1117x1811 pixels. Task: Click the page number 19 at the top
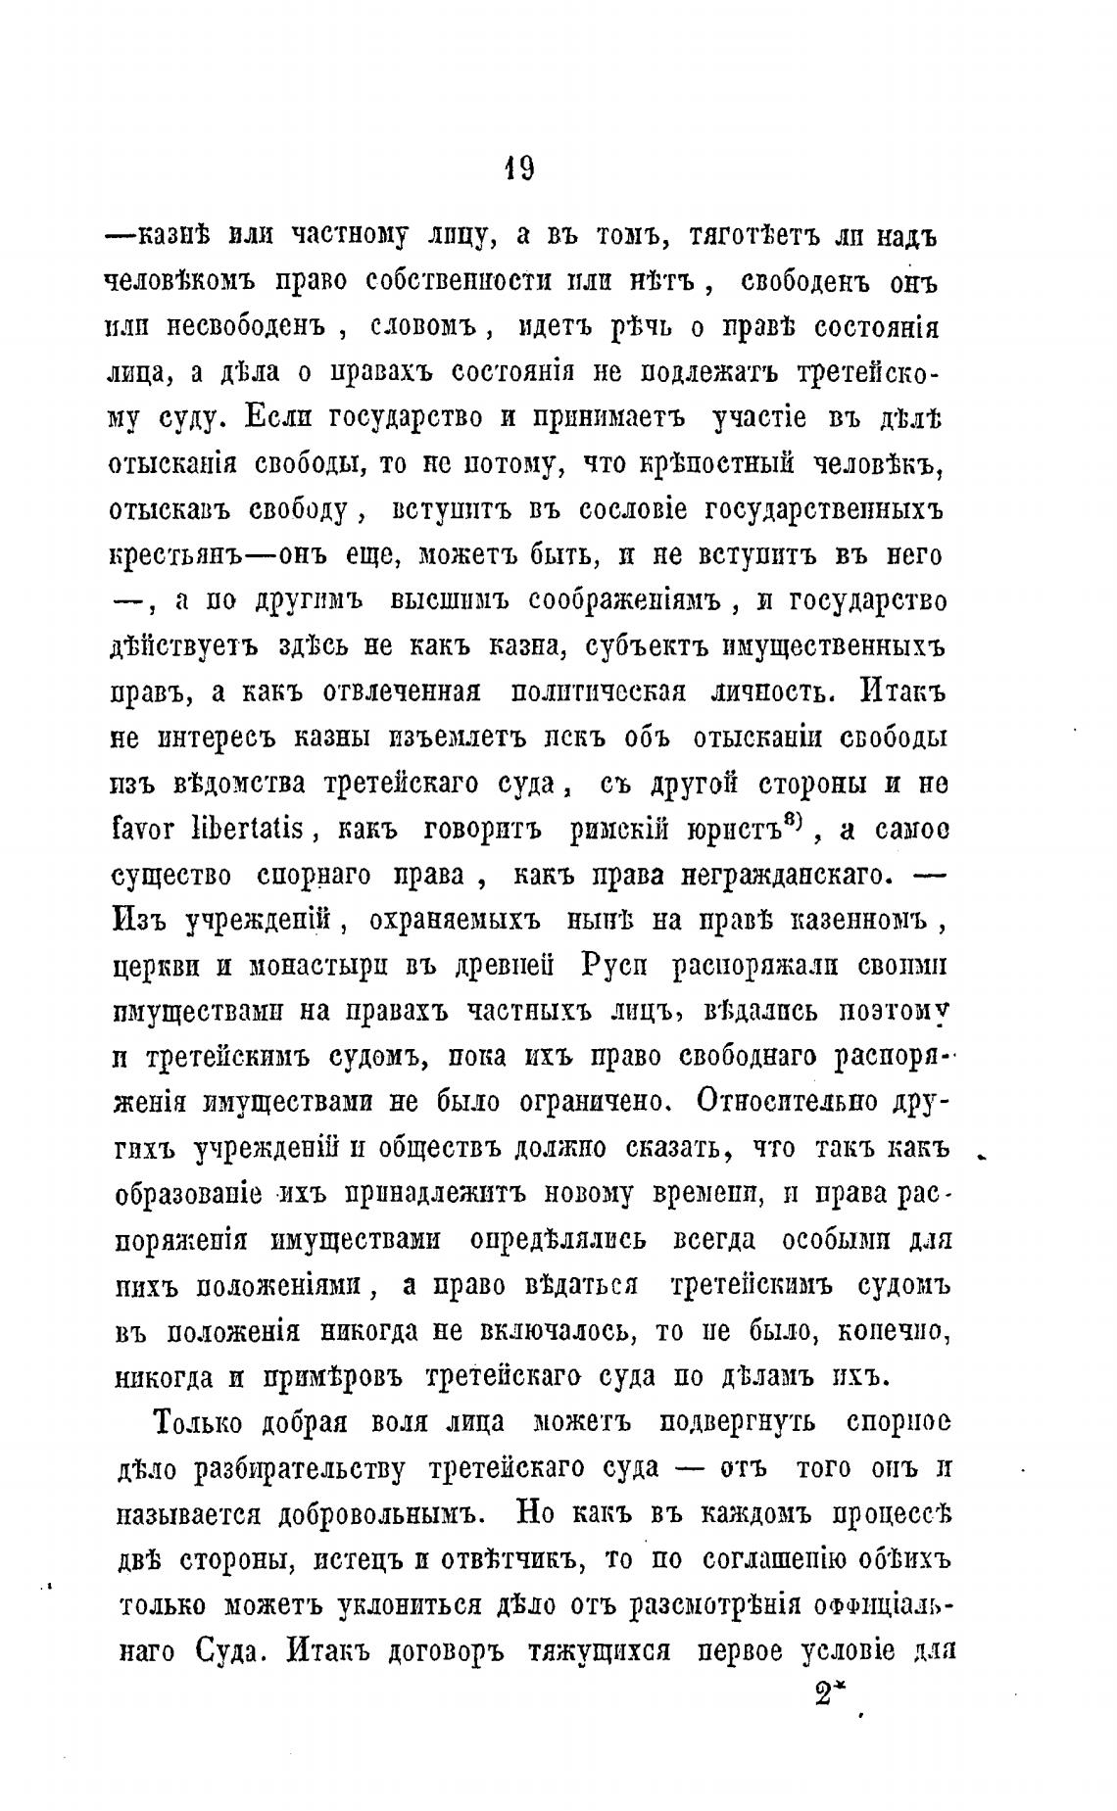[519, 168]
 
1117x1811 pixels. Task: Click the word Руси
[613, 966]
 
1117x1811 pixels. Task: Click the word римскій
[619, 830]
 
